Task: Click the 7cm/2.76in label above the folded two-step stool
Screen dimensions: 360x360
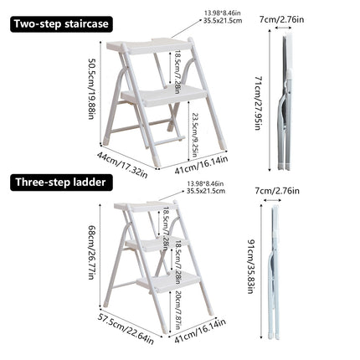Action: [288, 18]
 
